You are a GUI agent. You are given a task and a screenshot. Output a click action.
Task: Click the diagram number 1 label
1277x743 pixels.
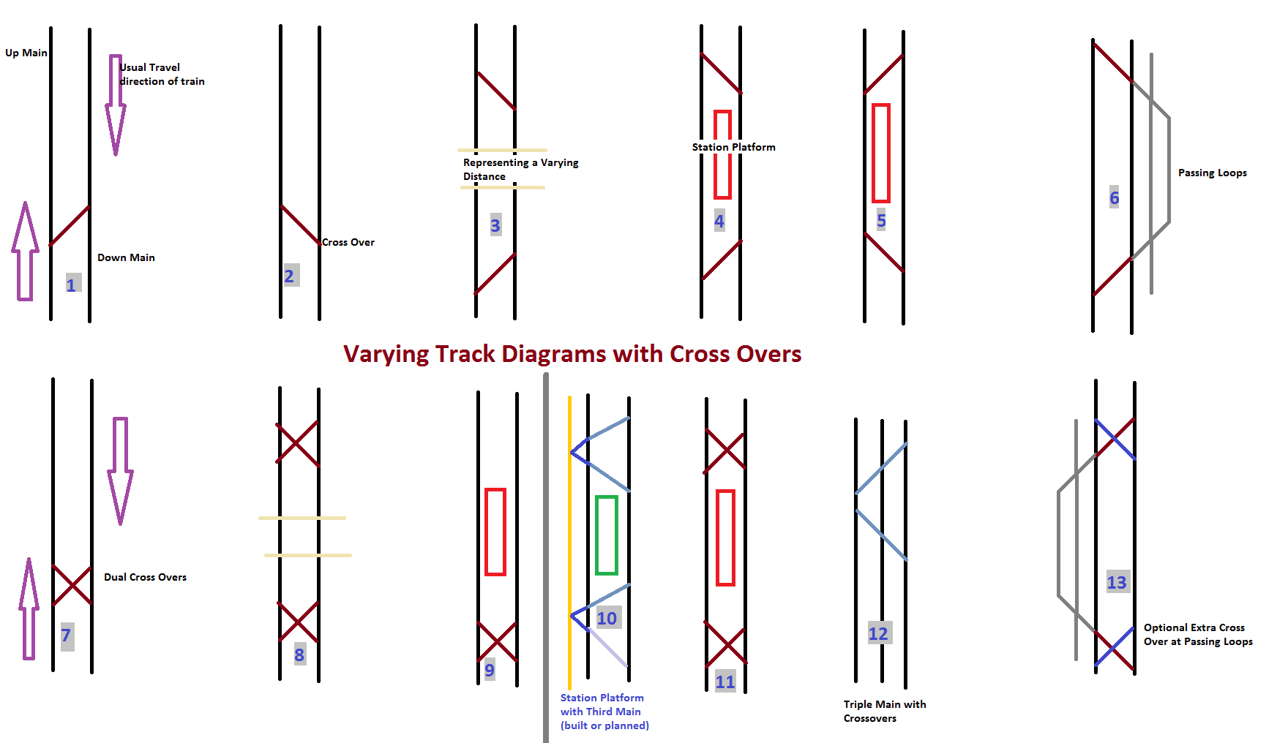click(72, 284)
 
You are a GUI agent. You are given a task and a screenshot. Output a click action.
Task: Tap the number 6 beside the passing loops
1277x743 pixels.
click(1114, 197)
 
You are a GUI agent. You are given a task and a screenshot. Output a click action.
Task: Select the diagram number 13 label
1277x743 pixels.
click(1117, 582)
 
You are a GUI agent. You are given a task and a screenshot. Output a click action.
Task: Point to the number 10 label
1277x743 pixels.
click(607, 619)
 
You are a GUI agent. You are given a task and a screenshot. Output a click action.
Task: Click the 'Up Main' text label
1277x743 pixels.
click(26, 53)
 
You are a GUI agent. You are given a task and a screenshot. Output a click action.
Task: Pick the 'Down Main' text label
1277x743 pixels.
click(126, 257)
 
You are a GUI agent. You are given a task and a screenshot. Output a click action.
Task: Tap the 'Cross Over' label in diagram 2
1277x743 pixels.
click(348, 242)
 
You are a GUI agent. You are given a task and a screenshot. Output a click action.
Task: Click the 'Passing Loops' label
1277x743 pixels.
click(1212, 173)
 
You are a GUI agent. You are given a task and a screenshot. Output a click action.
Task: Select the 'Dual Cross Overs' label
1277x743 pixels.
click(145, 577)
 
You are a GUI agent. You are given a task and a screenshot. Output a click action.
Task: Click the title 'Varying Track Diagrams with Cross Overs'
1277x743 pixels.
click(572, 354)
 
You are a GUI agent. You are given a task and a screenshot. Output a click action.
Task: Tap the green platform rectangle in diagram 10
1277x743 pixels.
click(607, 535)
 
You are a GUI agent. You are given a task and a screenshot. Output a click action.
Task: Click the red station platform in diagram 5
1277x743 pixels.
click(881, 153)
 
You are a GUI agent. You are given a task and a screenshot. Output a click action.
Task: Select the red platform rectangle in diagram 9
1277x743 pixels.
click(495, 532)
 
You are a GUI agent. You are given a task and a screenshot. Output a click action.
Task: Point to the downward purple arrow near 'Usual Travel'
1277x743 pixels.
click(116, 104)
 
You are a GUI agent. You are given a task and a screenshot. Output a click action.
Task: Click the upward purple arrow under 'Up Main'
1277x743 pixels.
click(26, 250)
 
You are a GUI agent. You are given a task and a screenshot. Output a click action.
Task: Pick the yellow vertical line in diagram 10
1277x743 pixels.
click(569, 541)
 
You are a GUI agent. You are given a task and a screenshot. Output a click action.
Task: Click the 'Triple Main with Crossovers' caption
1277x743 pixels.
click(884, 711)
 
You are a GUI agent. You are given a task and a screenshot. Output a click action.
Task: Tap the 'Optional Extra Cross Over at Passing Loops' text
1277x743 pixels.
click(1198, 634)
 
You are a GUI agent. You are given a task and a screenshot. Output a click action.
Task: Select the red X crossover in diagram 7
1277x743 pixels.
click(72, 586)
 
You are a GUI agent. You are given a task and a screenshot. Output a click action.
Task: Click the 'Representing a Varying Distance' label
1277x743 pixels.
click(520, 169)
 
